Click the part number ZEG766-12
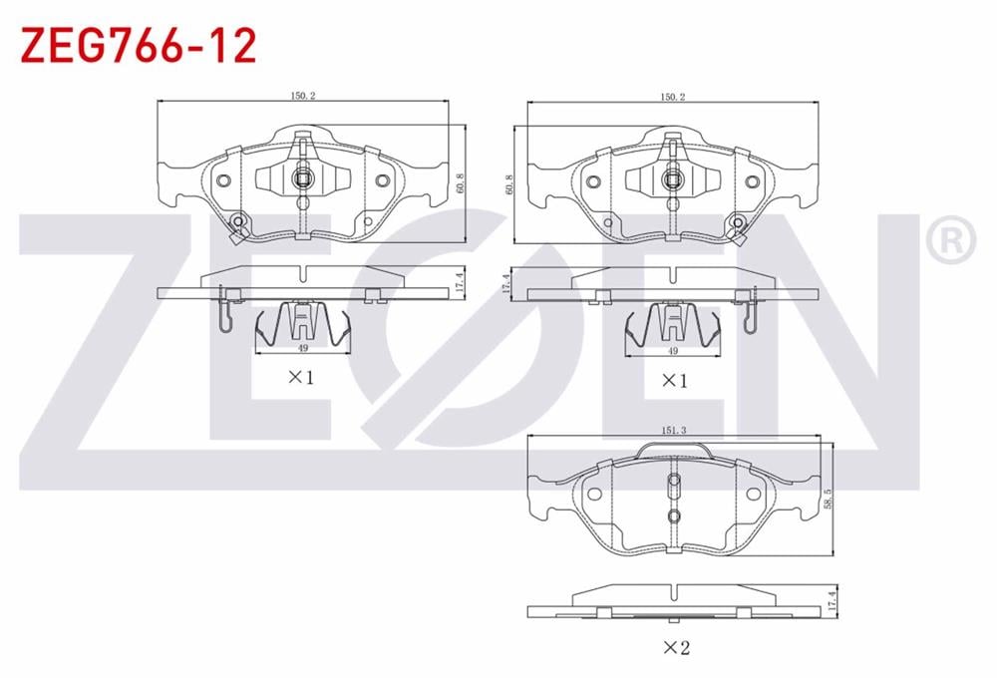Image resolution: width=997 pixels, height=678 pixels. coord(139,45)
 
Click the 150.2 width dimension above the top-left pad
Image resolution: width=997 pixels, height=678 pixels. coord(303,96)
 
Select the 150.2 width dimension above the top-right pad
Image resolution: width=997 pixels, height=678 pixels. coord(673,98)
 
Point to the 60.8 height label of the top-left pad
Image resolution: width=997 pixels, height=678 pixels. coord(461,183)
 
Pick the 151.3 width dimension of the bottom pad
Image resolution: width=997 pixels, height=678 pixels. coord(674,431)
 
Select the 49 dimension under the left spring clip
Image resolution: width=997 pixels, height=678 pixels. coord(303,348)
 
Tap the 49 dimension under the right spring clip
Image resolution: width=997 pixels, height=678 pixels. coord(673,350)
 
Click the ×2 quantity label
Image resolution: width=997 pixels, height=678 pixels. coord(676,647)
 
